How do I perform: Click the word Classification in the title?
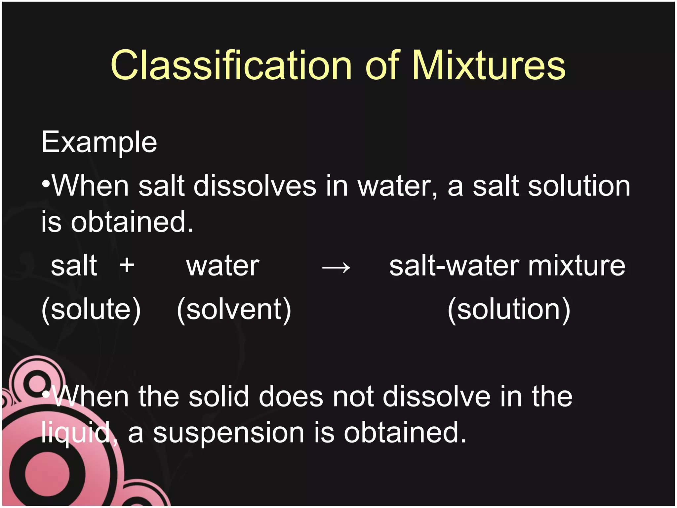(x=231, y=65)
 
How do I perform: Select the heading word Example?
(x=99, y=143)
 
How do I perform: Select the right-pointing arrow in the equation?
(x=336, y=267)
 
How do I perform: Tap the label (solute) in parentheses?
(x=91, y=309)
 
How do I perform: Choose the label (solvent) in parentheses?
(x=234, y=309)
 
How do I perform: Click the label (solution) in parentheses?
(x=509, y=309)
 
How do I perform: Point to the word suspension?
(x=228, y=433)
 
